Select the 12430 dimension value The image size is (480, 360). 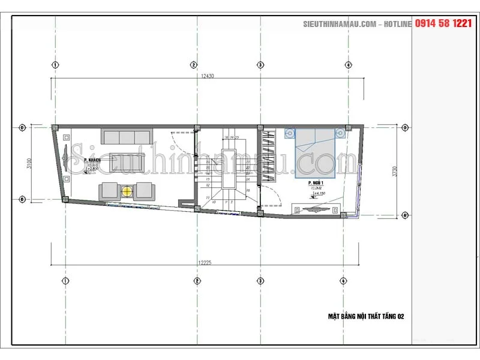[x=208, y=76]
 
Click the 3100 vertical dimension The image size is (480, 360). [x=28, y=163]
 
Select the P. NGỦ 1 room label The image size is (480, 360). [x=316, y=182]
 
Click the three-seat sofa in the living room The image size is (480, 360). [x=127, y=136]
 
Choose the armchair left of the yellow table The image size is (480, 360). [x=109, y=191]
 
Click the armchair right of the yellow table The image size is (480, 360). [x=145, y=191]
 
